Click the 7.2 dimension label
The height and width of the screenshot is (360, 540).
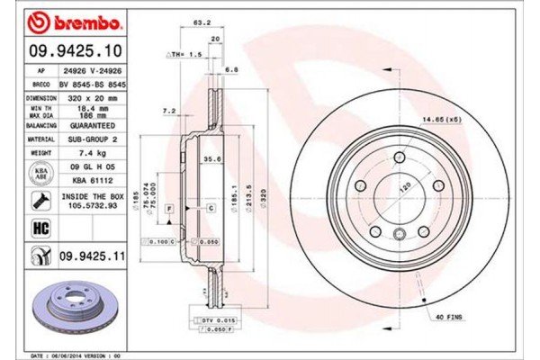click(x=167, y=112)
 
